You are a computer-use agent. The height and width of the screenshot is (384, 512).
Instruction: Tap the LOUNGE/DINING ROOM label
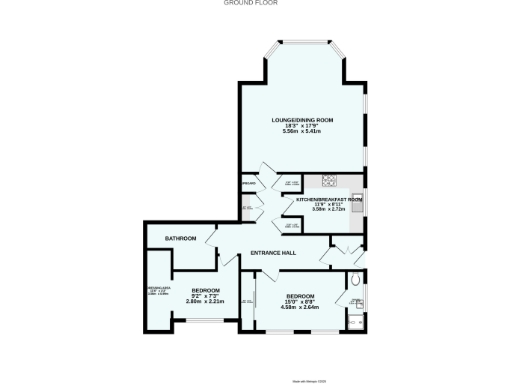tap(303, 120)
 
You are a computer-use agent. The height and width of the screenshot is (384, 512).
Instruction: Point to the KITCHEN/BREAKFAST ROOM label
tap(328, 199)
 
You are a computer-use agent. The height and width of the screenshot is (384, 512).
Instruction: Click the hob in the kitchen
tap(328, 180)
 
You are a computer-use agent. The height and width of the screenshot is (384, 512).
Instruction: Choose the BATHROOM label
tap(180, 239)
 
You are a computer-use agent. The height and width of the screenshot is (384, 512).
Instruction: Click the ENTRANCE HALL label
tap(272, 252)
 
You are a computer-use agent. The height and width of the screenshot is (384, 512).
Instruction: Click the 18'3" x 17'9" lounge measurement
tap(303, 126)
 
